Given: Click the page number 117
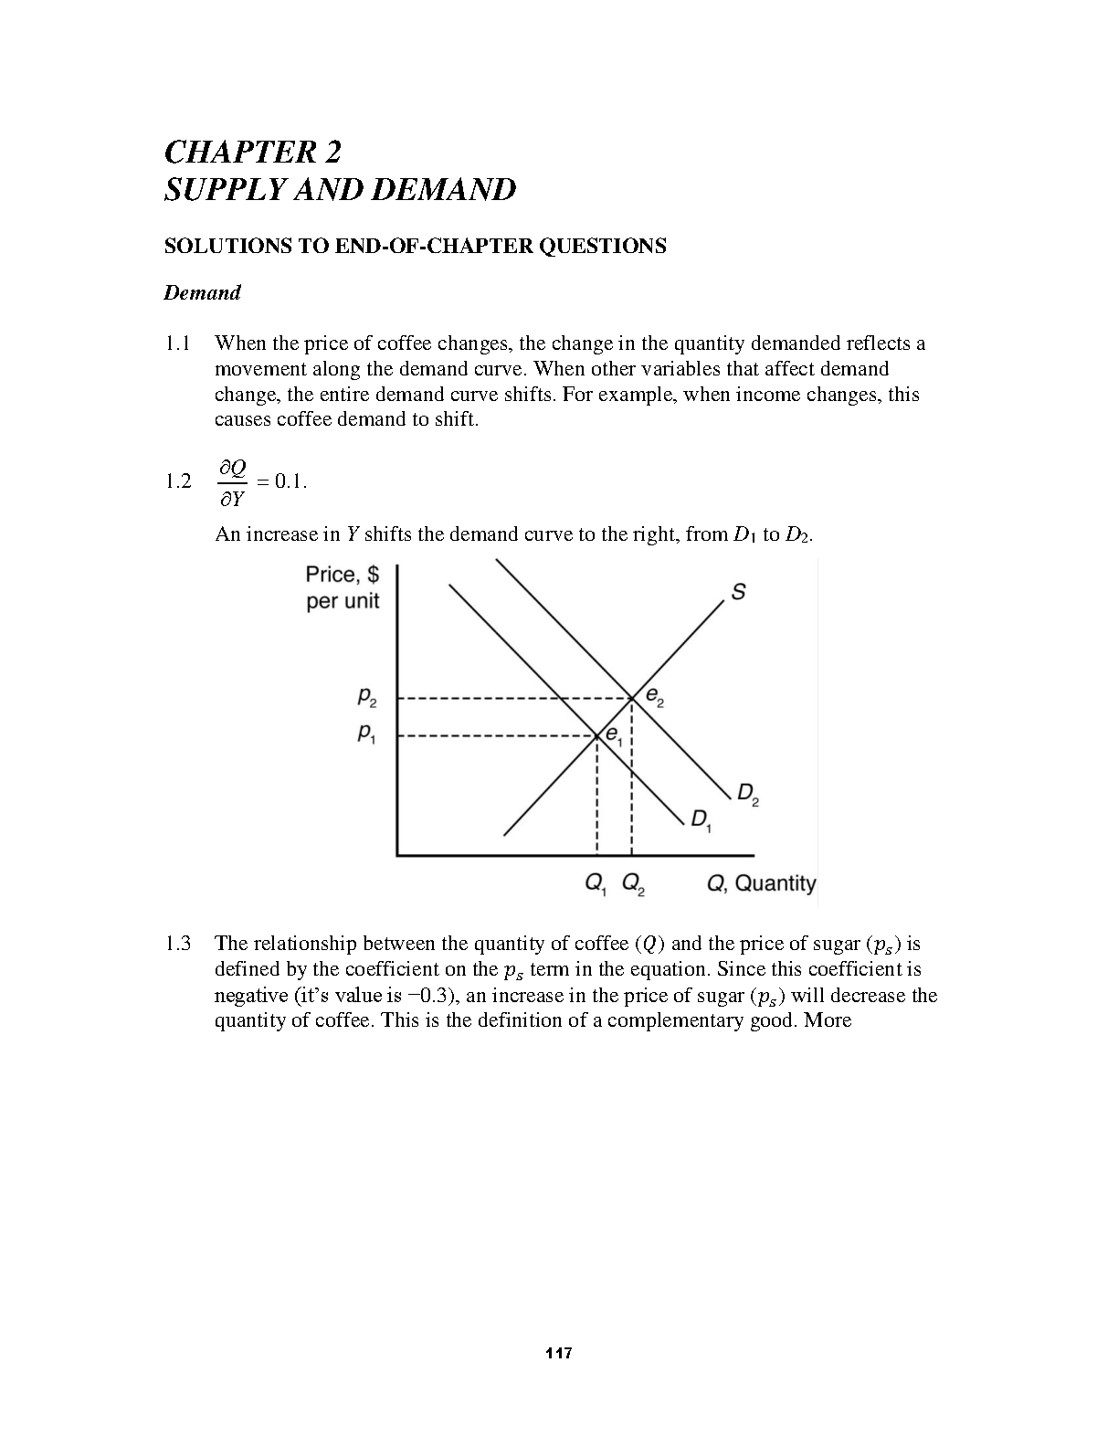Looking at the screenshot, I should (x=558, y=1353).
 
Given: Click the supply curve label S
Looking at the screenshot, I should (x=738, y=592).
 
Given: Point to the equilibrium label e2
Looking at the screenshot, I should (x=655, y=697).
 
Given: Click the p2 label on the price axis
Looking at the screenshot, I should (x=366, y=700).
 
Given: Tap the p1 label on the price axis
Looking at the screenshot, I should (x=365, y=734).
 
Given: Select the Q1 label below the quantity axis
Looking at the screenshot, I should (x=595, y=884).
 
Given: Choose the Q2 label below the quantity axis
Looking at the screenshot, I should (x=633, y=884).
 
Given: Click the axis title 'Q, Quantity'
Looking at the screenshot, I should (x=762, y=883).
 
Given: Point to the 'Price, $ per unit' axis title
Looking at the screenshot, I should (x=343, y=587).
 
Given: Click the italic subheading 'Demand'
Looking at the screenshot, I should (x=202, y=293).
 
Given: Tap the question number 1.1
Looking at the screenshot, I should (x=177, y=343).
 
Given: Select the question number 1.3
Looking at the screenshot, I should (x=177, y=944).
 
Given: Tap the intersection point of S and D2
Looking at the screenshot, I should (x=632, y=699).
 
